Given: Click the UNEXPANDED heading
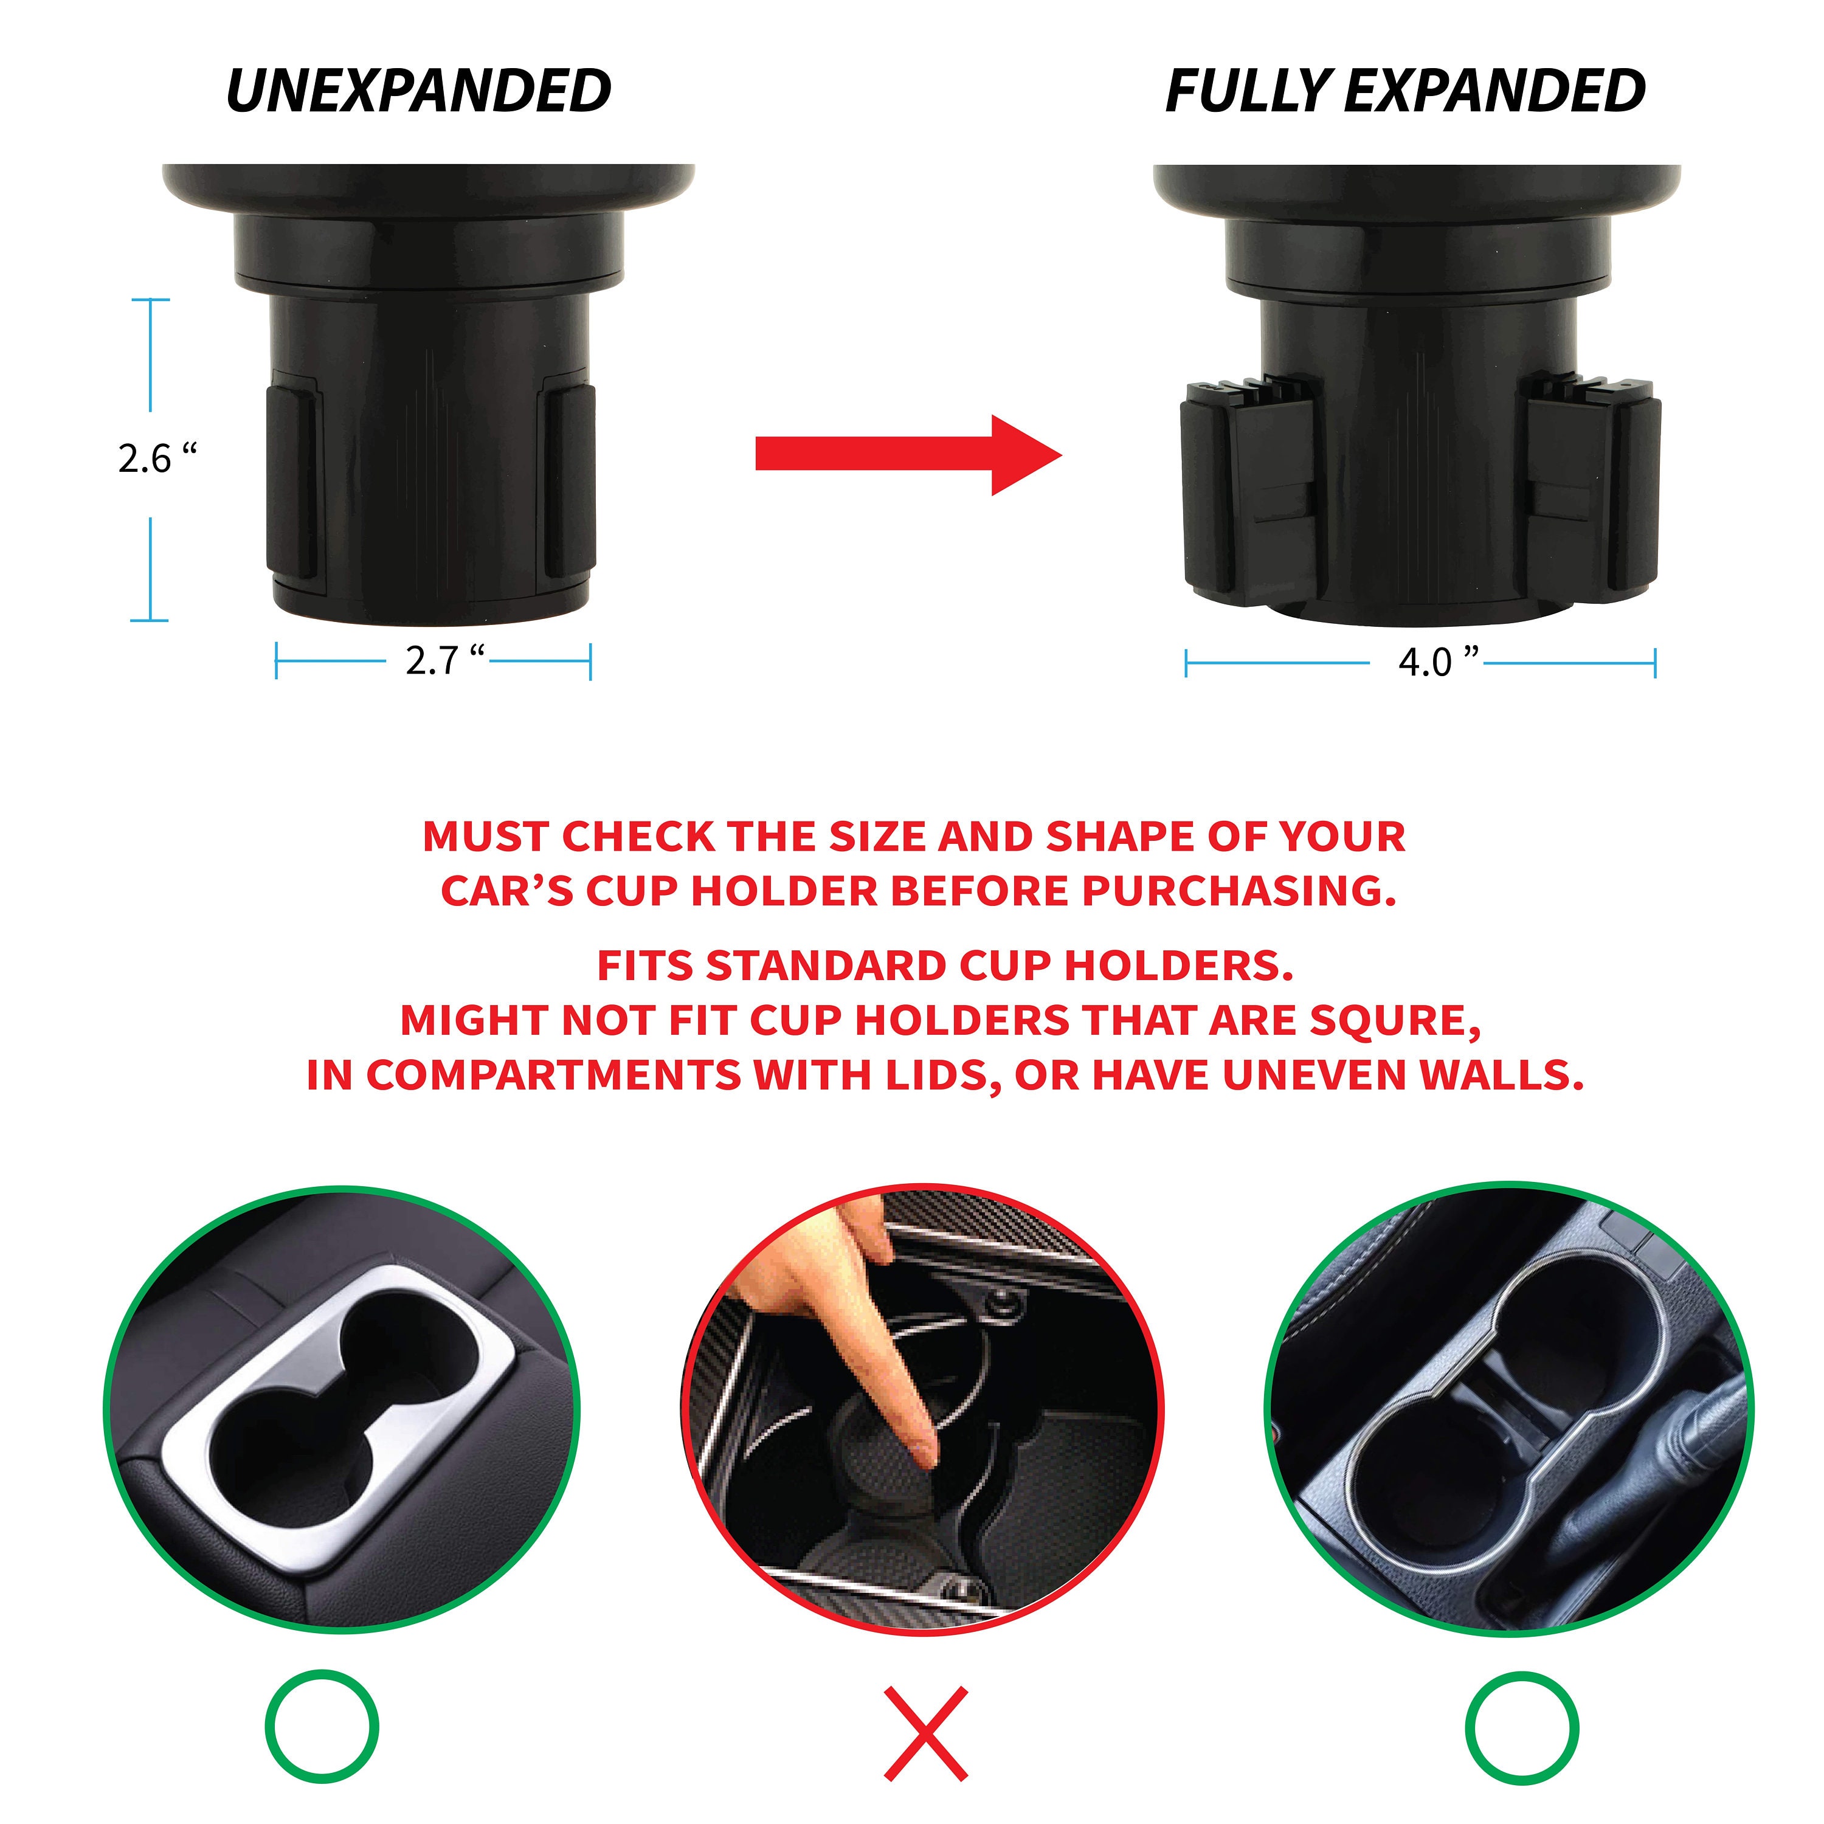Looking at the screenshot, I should pos(418,92).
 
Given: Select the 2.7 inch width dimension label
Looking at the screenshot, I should pos(444,660).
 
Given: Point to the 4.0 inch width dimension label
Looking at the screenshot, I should pos(1437,662).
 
